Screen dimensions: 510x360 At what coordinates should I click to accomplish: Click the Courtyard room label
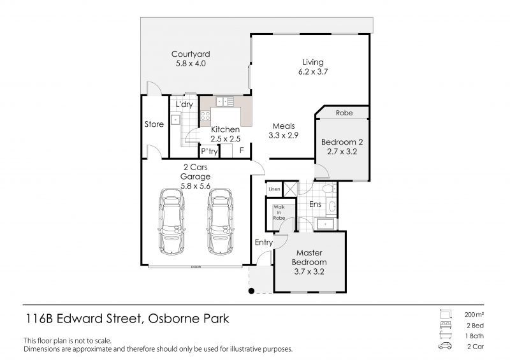coord(191,54)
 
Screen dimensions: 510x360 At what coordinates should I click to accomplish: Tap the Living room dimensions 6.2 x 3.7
coord(313,71)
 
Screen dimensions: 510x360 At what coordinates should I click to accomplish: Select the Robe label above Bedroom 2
coord(344,113)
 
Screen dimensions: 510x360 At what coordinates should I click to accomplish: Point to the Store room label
coord(154,124)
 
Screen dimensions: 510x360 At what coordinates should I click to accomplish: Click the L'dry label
coord(184,104)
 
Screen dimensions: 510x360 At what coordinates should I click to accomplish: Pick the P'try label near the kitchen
coord(209,151)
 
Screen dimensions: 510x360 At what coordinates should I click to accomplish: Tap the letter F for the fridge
coord(242,150)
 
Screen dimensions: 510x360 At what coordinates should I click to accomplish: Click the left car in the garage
coord(171,222)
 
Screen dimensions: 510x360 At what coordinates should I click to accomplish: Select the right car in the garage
coord(220,222)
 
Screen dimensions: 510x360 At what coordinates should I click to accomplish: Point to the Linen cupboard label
coord(274,189)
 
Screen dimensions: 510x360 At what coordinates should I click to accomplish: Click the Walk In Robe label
coord(279,212)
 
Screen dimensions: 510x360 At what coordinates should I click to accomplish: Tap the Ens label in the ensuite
coord(315,205)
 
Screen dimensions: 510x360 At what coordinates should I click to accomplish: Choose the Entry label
coord(263,242)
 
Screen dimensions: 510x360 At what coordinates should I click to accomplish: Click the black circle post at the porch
coord(251,291)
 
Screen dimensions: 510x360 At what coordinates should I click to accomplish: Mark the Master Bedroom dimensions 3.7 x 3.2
coord(309,271)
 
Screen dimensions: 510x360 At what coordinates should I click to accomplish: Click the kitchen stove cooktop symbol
coord(205,116)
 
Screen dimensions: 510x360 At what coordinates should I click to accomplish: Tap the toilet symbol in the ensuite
coord(328,189)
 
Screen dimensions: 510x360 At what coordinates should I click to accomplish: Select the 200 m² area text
coord(474,315)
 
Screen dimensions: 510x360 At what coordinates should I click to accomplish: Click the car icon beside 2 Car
coord(444,346)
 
